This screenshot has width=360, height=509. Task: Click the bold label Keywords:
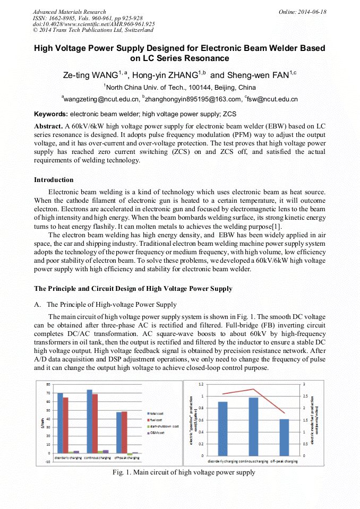[x=51, y=114]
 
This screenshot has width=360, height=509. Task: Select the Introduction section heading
[x=54, y=180]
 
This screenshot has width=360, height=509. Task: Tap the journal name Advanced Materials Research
[x=69, y=12]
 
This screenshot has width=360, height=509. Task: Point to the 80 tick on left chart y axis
[x=48, y=384]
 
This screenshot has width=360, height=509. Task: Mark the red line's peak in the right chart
[x=253, y=389]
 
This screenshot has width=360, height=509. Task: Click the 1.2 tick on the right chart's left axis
[x=200, y=384]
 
